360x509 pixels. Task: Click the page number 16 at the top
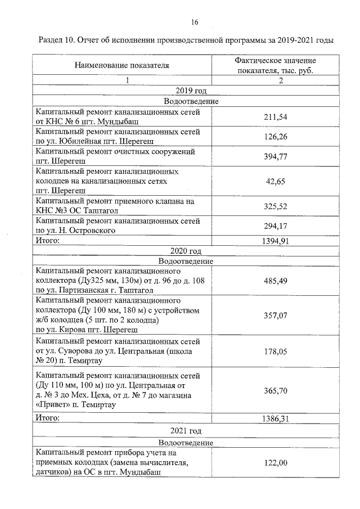194,22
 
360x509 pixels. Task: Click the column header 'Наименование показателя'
122,65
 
